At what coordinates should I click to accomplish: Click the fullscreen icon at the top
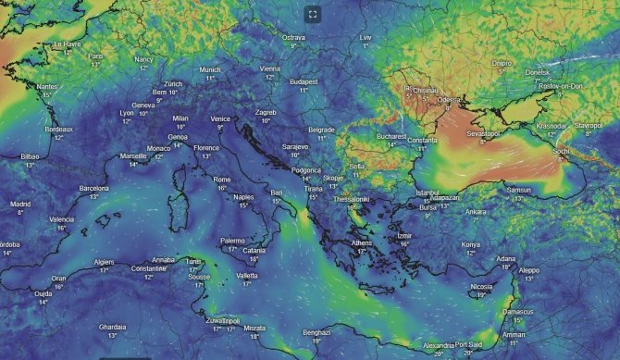313,14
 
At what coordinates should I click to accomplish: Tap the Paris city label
95,56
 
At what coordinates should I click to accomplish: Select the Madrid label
20,204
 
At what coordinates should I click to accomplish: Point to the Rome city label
222,180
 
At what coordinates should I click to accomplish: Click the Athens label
362,242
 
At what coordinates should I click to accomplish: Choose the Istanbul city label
428,192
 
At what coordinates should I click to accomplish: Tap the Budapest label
304,81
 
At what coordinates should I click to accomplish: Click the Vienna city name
270,68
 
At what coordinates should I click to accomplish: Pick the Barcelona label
93,188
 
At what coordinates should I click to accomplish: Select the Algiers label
105,262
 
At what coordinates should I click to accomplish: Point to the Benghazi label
316,332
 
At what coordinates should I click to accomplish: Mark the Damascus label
516,312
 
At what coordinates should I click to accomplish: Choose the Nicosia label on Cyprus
482,287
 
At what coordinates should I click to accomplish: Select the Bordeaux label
58,130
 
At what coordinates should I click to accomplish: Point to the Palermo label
232,241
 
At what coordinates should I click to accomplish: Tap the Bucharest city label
391,135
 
